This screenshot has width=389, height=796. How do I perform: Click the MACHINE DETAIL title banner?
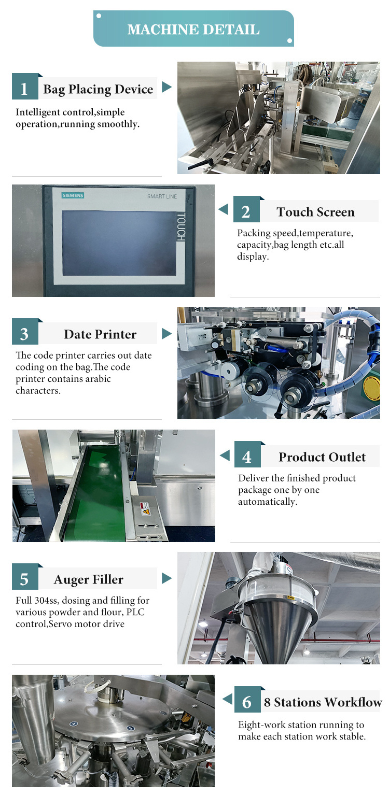[193, 29]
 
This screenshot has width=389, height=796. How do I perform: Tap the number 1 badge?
[25, 87]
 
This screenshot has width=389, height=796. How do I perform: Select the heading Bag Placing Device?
[98, 89]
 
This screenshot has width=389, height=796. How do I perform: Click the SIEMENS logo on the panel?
[73, 195]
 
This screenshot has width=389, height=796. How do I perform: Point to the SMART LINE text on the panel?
[162, 196]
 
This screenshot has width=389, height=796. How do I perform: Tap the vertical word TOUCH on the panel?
[181, 226]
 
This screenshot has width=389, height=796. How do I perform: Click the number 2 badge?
[246, 210]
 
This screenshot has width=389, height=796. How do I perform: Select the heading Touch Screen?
[316, 212]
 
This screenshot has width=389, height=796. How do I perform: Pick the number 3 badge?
[25, 332]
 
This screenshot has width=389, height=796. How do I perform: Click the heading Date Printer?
[100, 334]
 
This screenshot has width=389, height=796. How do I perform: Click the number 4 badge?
[247, 455]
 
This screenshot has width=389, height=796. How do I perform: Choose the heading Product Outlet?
[322, 457]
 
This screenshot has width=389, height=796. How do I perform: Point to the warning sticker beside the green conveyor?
[145, 509]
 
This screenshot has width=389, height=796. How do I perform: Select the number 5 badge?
[25, 577]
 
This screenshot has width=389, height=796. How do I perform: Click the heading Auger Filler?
[89, 579]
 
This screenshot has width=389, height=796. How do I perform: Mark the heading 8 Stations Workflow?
[323, 702]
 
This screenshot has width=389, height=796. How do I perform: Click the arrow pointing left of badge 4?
[225, 455]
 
